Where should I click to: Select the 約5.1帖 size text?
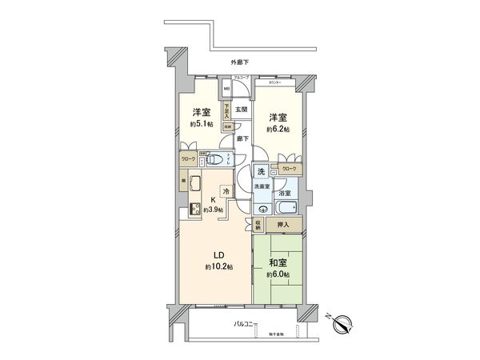[201, 125]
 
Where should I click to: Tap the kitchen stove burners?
[194, 210]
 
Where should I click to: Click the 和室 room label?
[277, 262]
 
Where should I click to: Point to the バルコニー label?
[244, 324]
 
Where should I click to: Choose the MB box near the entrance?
[226, 88]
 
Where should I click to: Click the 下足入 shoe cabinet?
[227, 109]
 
